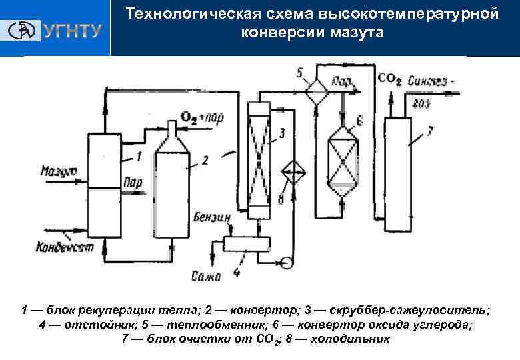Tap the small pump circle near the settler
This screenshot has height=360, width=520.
(287, 263)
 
